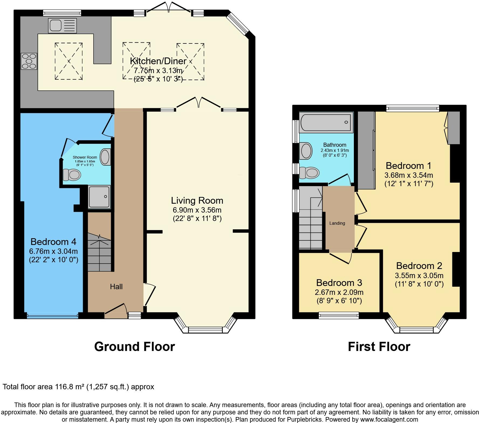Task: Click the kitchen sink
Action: (62, 26)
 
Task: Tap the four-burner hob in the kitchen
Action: (29, 61)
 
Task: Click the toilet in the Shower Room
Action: (72, 175)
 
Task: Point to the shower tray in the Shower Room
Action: (100, 197)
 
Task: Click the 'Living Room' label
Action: (197, 200)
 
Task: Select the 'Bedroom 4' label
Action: (53, 241)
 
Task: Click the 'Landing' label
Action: (337, 223)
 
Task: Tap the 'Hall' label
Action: (116, 286)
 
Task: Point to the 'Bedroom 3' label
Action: (339, 283)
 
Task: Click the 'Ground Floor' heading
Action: (135, 347)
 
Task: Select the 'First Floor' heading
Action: (379, 347)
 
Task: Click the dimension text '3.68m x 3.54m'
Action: (409, 175)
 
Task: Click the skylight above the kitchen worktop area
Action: (69, 61)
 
